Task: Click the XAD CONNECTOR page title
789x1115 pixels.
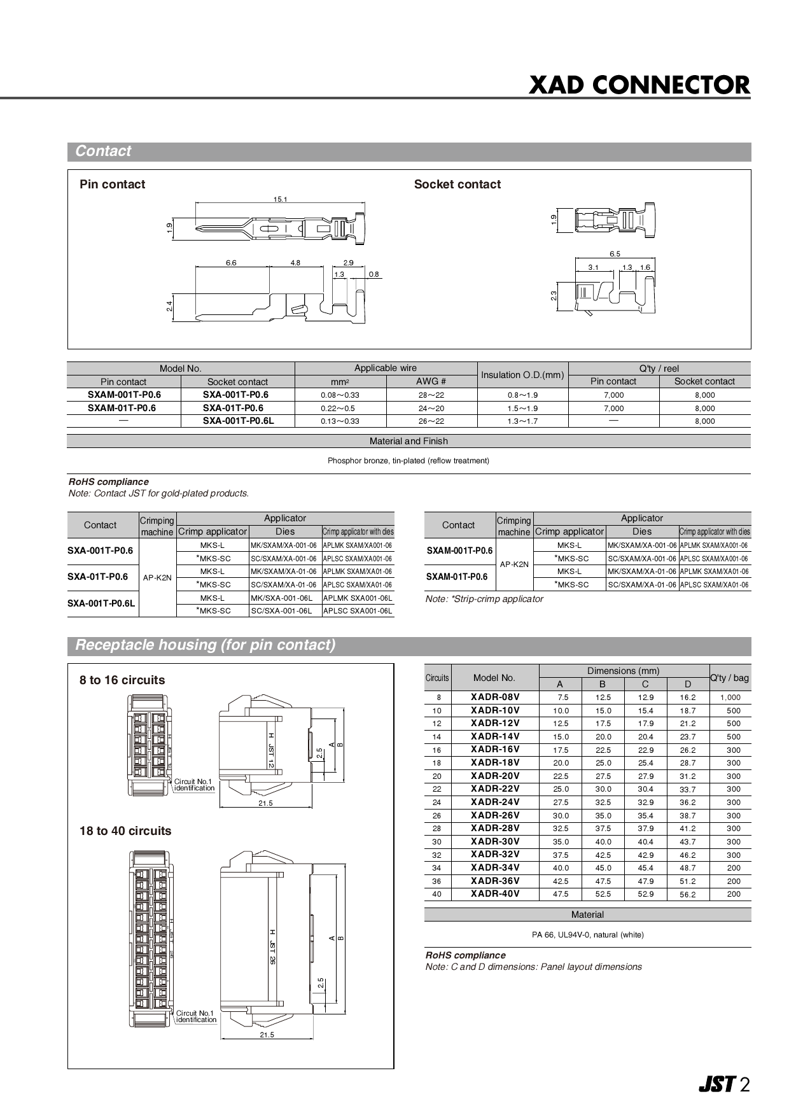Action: [x=639, y=85]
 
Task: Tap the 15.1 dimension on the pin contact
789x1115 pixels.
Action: [x=281, y=199]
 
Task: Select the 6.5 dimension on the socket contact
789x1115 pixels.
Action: [x=615, y=254]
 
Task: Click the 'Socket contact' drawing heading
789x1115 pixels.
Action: [x=457, y=185]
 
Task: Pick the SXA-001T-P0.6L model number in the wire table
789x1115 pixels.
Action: [x=238, y=421]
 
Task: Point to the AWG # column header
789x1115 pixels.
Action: [x=431, y=381]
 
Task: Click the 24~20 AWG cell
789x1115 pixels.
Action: [x=431, y=408]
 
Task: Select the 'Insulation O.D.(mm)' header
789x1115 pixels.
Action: [x=522, y=375]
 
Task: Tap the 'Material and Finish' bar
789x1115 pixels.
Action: [x=408, y=441]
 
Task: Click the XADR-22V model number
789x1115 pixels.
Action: [x=494, y=789]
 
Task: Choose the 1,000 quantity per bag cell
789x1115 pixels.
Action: [x=730, y=698]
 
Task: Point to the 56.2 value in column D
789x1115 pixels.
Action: [x=687, y=894]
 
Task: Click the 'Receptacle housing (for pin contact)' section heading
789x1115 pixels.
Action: [x=205, y=645]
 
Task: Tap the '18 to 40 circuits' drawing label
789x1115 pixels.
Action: [x=125, y=831]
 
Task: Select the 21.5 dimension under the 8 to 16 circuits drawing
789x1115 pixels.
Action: [x=265, y=803]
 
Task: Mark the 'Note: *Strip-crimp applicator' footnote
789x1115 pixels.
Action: [x=484, y=599]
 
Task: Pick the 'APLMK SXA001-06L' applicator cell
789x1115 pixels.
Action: [x=358, y=598]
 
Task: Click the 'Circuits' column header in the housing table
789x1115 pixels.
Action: [x=437, y=678]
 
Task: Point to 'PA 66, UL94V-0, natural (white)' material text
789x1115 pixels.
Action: [x=587, y=935]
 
